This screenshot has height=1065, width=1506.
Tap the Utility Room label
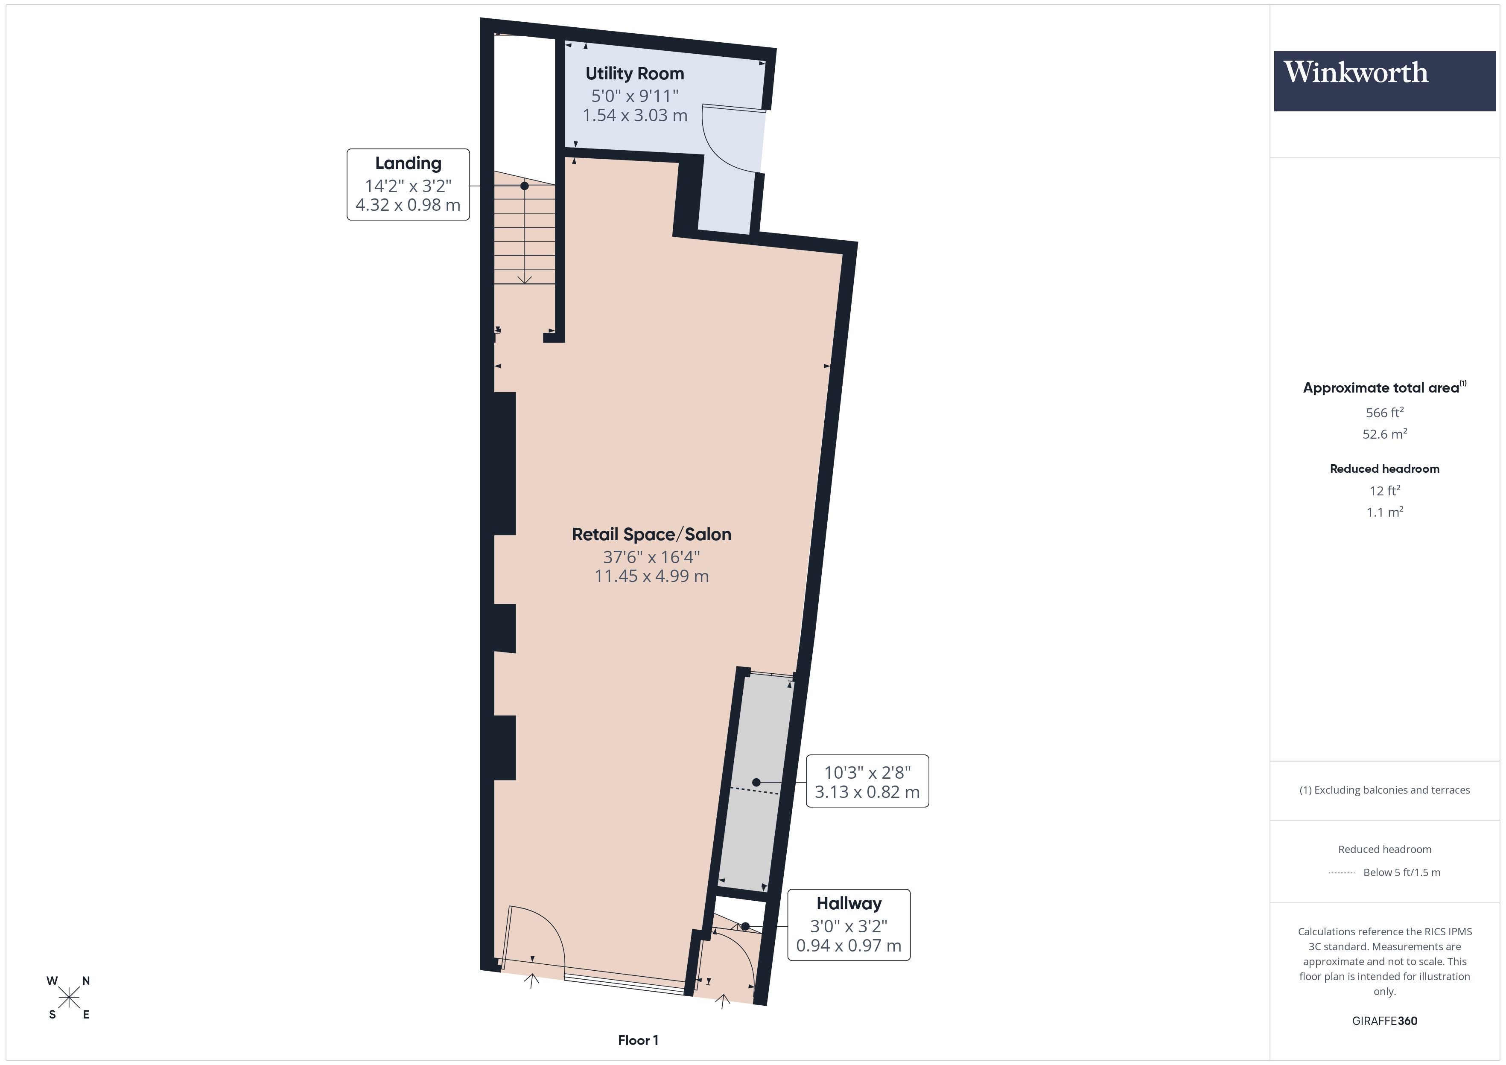pyautogui.click(x=634, y=73)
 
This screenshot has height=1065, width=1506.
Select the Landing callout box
pyautogui.click(x=408, y=184)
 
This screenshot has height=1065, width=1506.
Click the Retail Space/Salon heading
pyautogui.click(x=651, y=535)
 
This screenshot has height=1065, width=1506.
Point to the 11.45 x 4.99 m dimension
pyautogui.click(x=651, y=576)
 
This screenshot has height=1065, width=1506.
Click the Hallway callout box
pyautogui.click(x=848, y=925)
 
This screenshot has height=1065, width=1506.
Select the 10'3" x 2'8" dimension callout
pyautogui.click(x=867, y=781)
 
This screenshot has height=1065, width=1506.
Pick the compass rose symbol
pyautogui.click(x=68, y=998)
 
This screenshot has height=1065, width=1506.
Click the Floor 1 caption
pyautogui.click(x=638, y=1040)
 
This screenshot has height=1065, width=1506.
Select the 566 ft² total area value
pyautogui.click(x=1384, y=413)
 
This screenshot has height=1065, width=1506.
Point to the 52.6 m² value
pyautogui.click(x=1384, y=434)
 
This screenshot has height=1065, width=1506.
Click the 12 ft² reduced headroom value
pyautogui.click(x=1384, y=491)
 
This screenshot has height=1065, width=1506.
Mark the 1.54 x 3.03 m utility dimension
pyautogui.click(x=634, y=116)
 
